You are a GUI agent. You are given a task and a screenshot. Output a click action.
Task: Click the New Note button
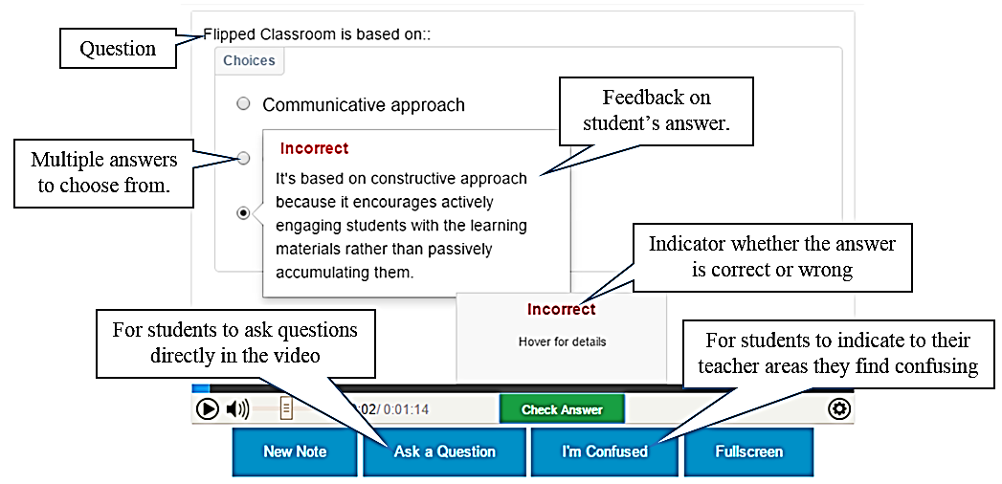(295, 451)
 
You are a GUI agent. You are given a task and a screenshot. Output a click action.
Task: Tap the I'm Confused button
(604, 451)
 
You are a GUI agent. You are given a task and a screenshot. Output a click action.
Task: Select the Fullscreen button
(749, 451)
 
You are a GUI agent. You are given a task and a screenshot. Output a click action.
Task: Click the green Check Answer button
(562, 409)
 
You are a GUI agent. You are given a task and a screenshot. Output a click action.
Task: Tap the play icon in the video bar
(207, 408)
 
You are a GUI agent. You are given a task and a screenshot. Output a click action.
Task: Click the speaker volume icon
(237, 408)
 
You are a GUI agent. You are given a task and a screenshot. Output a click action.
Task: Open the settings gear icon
(838, 408)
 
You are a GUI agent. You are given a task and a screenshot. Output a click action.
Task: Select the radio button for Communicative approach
(243, 103)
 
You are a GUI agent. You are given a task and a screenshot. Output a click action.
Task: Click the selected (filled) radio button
(243, 213)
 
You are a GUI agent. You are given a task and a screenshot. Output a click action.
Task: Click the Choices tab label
(249, 60)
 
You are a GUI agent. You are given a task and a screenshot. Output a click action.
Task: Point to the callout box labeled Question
(118, 49)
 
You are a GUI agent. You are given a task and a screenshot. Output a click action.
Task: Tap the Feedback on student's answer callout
(657, 110)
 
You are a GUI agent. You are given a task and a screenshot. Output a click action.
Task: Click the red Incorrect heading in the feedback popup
(315, 148)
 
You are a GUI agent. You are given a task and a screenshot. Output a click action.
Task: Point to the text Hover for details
(562, 341)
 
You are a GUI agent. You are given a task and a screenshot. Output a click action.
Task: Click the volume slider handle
(286, 408)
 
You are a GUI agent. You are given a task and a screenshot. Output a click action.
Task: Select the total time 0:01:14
(406, 409)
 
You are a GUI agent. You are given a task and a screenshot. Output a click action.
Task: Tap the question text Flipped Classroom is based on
(317, 34)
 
